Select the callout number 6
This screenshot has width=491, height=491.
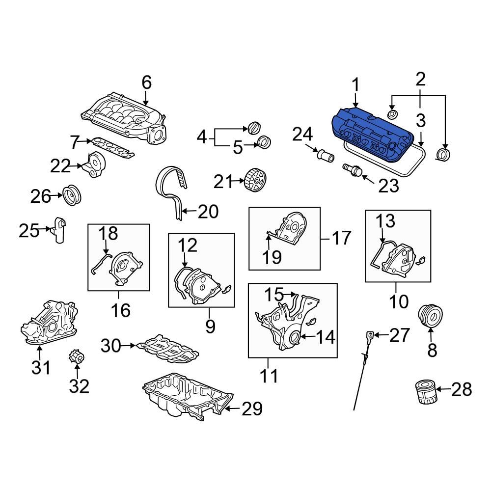147,82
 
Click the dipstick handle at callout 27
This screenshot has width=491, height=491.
370,336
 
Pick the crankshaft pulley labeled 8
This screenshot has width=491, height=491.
431,316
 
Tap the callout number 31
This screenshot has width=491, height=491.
41,367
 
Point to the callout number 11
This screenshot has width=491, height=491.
269,376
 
